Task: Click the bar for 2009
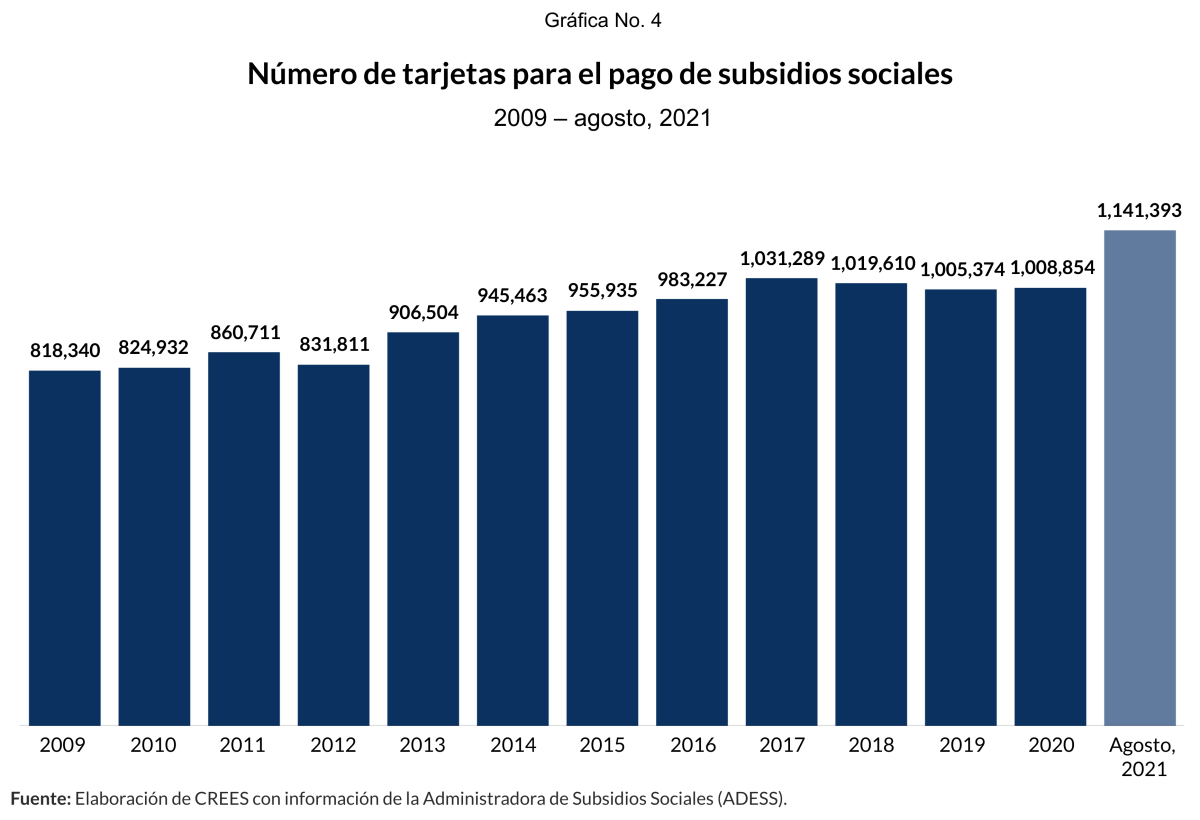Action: (x=65, y=547)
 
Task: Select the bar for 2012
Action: (x=334, y=544)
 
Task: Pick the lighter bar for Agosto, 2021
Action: (x=1140, y=477)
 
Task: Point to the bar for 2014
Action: (x=513, y=519)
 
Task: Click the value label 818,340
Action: (x=65, y=351)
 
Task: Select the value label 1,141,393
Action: (x=1140, y=211)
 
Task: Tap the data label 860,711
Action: (x=244, y=332)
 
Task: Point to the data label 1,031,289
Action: (x=782, y=259)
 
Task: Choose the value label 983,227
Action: (x=692, y=279)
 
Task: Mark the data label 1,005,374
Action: (x=961, y=269)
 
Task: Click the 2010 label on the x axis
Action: (x=154, y=746)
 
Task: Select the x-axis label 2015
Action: (x=603, y=746)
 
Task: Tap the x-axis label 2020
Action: (x=1051, y=746)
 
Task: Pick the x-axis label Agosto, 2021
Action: (x=1141, y=757)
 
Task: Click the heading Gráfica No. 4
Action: (x=603, y=21)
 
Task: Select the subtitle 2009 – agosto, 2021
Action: (x=602, y=118)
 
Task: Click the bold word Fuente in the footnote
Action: (x=40, y=798)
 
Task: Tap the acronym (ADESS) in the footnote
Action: (x=754, y=798)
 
